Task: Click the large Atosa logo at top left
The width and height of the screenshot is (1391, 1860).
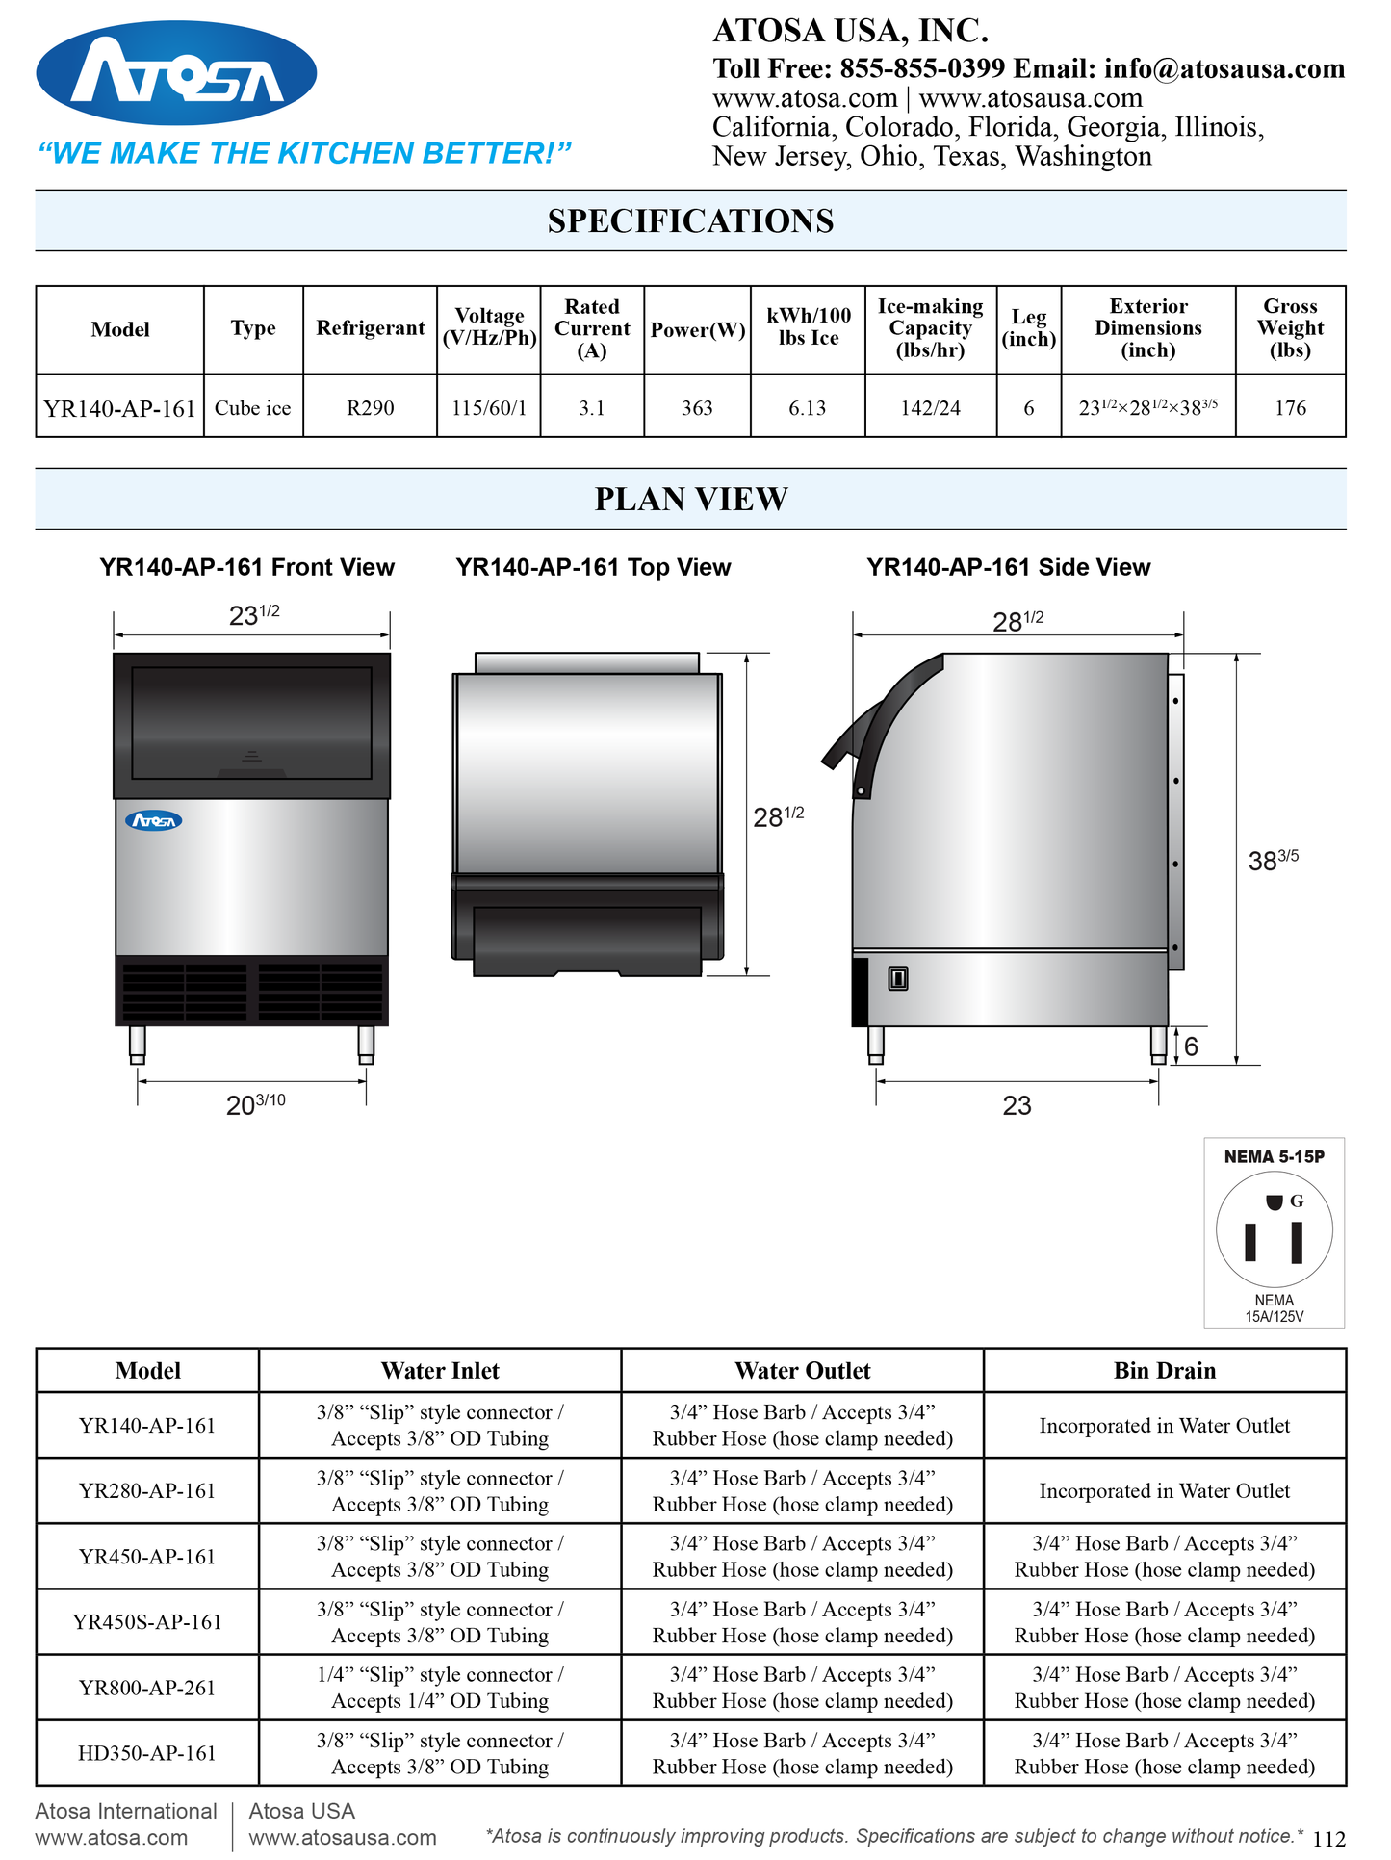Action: point(176,74)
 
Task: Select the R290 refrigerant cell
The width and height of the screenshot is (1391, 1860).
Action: point(371,408)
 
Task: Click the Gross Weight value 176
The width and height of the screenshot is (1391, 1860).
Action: point(1290,408)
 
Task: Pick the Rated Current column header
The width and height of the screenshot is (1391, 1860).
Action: point(592,328)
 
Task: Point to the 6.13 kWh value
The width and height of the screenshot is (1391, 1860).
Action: point(808,408)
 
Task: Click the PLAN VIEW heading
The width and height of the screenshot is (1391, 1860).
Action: point(691,500)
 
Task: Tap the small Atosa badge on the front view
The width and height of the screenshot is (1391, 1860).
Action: point(154,821)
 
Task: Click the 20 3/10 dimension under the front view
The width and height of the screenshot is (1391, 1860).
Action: point(255,1104)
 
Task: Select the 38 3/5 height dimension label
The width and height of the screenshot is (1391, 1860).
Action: point(1273,859)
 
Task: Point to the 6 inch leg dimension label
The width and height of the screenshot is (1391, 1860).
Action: point(1191,1046)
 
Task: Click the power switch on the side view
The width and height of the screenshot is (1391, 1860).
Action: point(898,979)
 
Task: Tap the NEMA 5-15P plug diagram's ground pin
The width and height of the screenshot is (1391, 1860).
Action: point(1274,1201)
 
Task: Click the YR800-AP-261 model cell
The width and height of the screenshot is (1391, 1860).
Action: point(147,1688)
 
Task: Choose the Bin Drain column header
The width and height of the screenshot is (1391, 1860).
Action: point(1165,1370)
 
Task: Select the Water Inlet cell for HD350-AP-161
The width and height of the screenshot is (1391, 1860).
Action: point(440,1753)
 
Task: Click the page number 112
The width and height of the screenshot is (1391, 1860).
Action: point(1328,1839)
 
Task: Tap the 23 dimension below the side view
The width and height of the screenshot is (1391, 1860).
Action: point(1017,1105)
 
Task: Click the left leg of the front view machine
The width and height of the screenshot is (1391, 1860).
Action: point(138,1045)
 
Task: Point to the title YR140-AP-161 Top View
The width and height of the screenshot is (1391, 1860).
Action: point(593,567)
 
